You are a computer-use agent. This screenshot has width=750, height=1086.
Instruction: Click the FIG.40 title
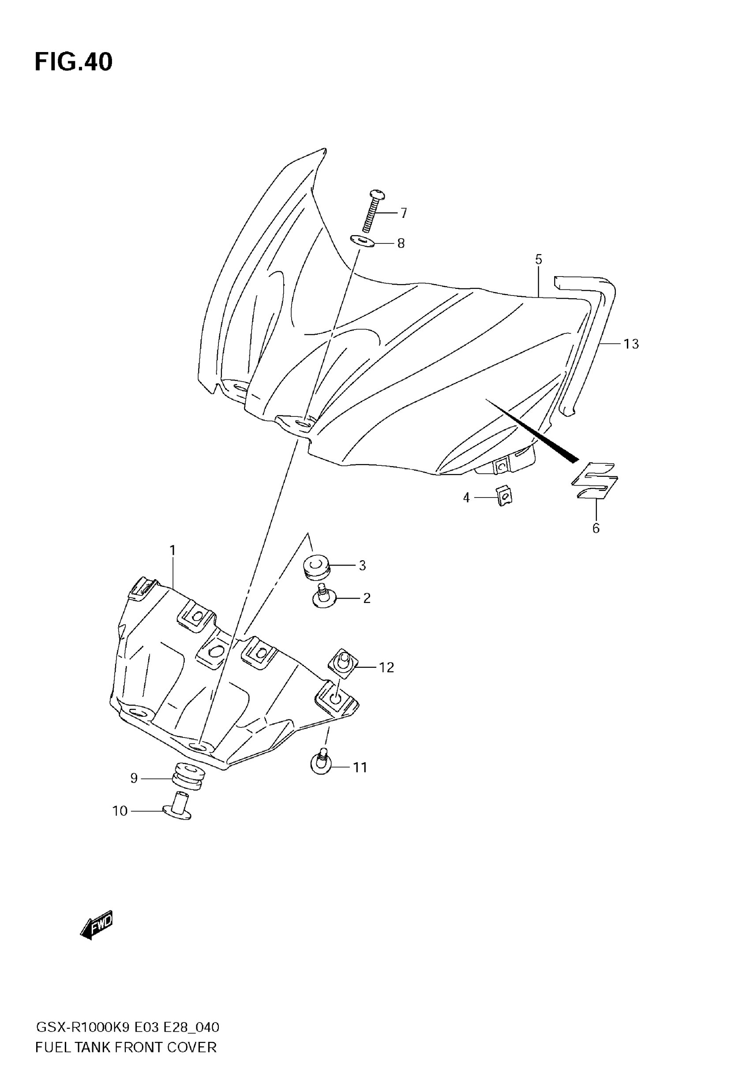(x=74, y=62)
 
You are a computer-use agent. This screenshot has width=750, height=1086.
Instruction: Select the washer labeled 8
(x=362, y=242)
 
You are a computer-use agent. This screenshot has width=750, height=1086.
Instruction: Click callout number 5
(x=539, y=259)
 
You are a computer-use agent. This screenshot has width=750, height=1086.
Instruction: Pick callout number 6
(x=596, y=528)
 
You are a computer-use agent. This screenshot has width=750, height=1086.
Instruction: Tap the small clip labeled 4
(x=504, y=495)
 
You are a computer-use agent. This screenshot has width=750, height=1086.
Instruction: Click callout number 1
(x=172, y=550)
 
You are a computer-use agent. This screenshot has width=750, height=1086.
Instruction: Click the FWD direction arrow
(x=97, y=925)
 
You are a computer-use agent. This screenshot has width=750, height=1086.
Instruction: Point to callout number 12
(x=386, y=667)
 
